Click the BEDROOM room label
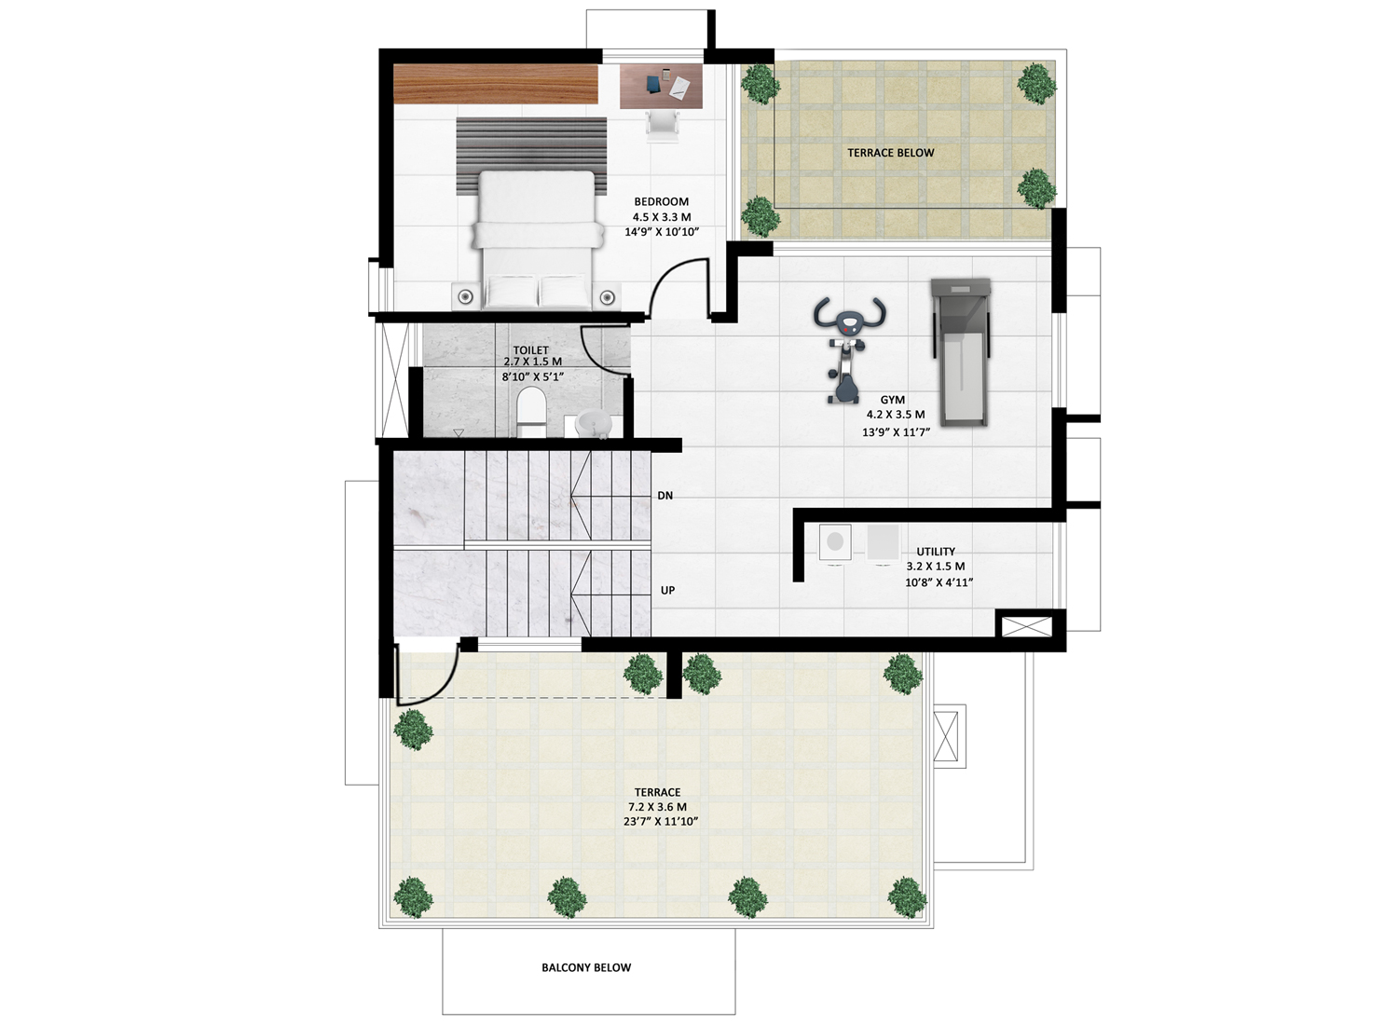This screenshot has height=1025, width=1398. click(x=662, y=201)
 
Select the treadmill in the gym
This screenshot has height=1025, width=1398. click(x=961, y=352)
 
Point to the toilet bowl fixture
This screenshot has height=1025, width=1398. click(x=531, y=412)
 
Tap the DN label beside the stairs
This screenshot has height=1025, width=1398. click(x=665, y=496)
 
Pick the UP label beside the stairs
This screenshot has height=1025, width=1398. click(x=667, y=590)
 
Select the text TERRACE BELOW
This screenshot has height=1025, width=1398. click(x=891, y=153)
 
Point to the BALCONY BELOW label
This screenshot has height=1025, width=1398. click(x=586, y=967)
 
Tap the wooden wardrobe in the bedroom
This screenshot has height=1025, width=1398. click(x=496, y=84)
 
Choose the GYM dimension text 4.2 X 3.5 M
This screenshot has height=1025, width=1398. click(x=896, y=415)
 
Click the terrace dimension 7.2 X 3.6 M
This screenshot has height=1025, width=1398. click(x=657, y=807)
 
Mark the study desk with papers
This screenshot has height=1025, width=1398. click(x=662, y=86)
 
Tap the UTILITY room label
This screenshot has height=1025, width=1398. click(x=936, y=552)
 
